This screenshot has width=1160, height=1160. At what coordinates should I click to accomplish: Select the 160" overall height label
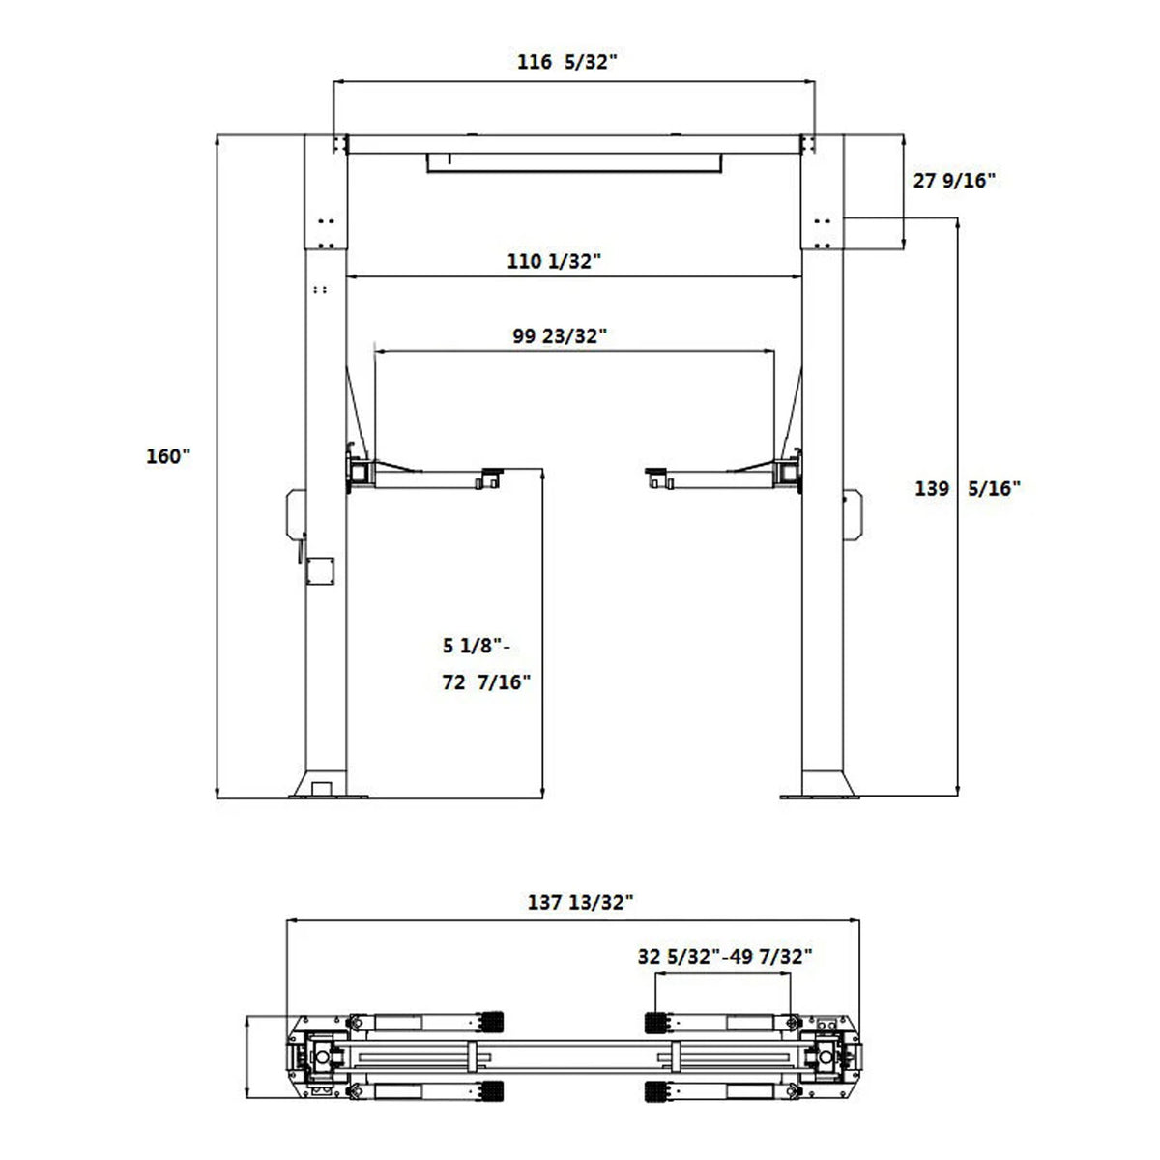click(x=169, y=456)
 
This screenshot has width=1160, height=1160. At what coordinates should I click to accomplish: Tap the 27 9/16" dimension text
click(x=954, y=180)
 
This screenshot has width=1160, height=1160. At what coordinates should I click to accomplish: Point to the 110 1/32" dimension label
click(x=556, y=260)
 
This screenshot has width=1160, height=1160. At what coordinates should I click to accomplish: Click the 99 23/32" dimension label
click(x=560, y=336)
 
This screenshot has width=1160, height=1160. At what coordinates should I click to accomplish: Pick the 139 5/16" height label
click(x=968, y=489)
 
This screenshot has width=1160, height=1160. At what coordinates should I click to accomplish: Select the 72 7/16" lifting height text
click(x=487, y=682)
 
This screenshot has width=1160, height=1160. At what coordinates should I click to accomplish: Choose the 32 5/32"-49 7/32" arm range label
click(x=725, y=957)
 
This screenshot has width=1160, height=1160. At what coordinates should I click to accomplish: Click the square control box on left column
click(x=319, y=571)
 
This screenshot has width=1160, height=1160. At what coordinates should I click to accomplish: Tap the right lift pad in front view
click(x=659, y=475)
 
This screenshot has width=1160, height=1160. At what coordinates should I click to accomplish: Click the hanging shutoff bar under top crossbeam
click(x=577, y=163)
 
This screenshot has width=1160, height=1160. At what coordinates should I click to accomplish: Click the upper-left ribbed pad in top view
click(x=493, y=1024)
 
